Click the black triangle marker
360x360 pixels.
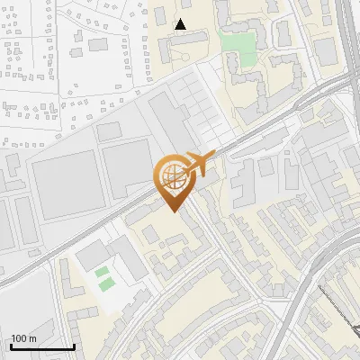(x=181, y=24)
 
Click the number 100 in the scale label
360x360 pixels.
(x=20, y=338)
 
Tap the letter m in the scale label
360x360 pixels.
(x=33, y=338)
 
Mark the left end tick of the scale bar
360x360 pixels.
(x=11, y=345)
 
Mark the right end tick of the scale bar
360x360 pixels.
(x=73, y=345)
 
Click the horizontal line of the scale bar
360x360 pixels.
(x=41, y=346)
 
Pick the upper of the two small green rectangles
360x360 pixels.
(x=103, y=271)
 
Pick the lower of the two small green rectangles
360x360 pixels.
(x=107, y=284)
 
